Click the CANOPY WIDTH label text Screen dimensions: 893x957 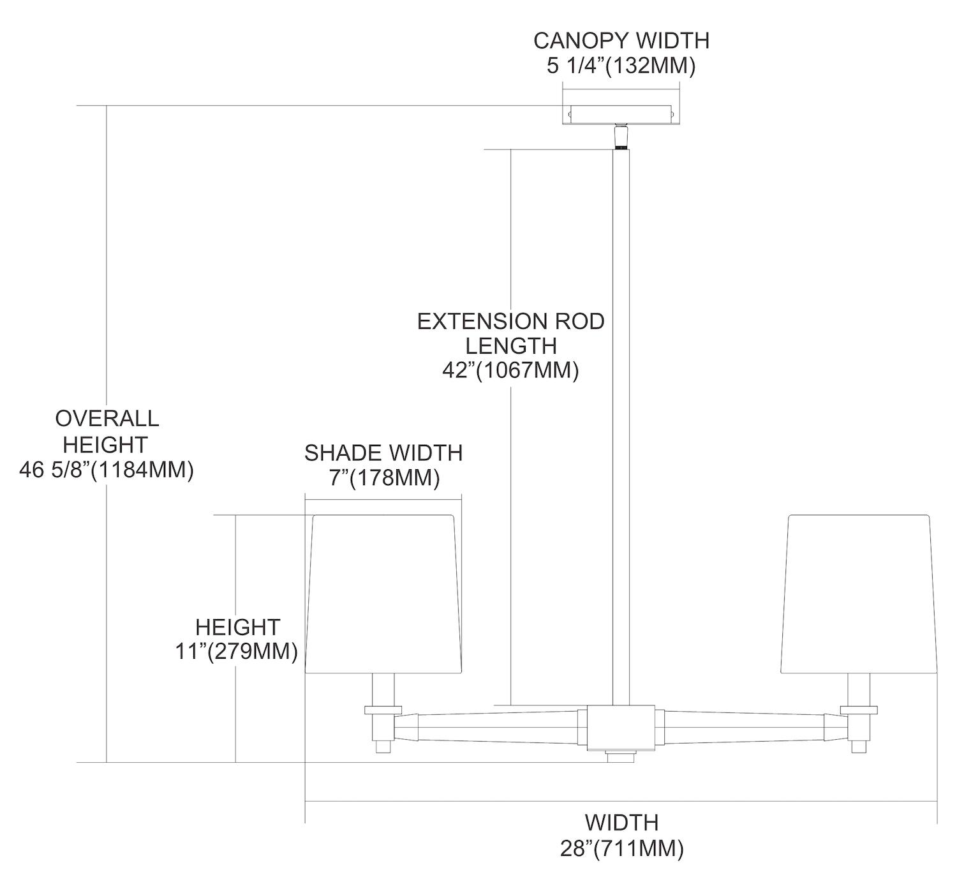621,40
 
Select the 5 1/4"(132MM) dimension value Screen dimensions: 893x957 621,66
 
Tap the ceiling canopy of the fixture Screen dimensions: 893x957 620,114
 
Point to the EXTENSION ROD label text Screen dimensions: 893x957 510,321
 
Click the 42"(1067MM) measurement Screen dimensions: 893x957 510,370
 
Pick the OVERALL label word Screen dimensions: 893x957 107,419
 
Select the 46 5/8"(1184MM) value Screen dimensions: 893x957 107,470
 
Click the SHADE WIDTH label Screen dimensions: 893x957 383,453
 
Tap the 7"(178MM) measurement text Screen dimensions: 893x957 384,477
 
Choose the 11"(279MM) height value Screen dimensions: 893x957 237,652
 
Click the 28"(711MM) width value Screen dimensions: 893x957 621,849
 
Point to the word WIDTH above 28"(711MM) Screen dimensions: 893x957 621,822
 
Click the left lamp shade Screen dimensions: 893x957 383,594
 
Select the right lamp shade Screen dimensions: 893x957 859,594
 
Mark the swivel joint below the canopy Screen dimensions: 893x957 620,136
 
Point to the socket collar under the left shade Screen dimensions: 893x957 383,709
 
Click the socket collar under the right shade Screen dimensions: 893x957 859,709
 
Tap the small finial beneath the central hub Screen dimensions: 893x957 620,757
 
